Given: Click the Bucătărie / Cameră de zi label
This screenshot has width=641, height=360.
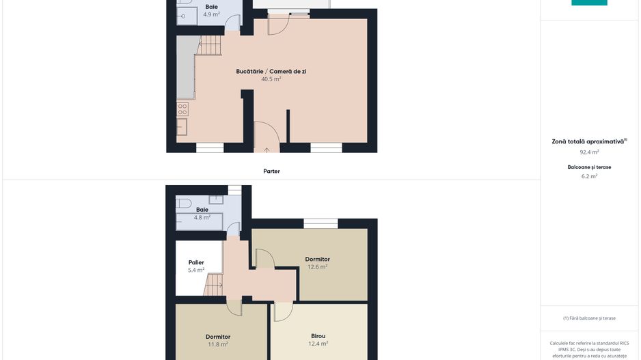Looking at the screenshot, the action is coord(271,72).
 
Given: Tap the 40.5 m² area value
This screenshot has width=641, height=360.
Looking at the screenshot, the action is coord(271,79).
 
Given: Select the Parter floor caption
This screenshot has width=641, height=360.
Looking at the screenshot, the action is coord(271,171).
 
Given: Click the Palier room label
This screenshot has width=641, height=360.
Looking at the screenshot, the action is coord(196,262).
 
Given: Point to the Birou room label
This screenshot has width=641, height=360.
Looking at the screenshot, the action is coord(318,336).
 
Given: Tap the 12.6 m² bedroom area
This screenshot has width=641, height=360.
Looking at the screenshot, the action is coord(318,267).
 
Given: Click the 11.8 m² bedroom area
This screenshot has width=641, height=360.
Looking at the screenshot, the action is coord(218,344).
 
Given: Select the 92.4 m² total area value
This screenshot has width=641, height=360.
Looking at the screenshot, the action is coord(589,152).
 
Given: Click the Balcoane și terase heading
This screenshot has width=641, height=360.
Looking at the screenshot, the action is coord(589,167).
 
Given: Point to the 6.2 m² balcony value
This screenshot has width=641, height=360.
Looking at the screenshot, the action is coord(589,176).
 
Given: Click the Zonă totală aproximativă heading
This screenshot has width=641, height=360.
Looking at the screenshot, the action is coord(588,142).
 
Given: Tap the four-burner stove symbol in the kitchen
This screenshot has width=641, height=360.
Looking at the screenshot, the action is coord(182,109).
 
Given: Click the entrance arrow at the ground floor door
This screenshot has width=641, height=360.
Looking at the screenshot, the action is coord(267,150).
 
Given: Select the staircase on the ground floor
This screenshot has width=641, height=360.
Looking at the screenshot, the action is coord(210,45).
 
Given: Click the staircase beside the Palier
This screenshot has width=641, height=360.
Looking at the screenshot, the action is coord(213,285).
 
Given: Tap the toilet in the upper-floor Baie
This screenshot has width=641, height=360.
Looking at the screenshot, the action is coord(184,203).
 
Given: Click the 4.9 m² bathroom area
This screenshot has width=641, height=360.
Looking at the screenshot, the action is coord(211,14).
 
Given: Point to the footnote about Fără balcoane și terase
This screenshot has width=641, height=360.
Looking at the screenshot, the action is coord(589,318).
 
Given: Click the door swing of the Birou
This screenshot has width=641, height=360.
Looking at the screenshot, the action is coord(284,311).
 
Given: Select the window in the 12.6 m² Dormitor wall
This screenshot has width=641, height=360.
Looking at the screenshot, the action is coord(320,223).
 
